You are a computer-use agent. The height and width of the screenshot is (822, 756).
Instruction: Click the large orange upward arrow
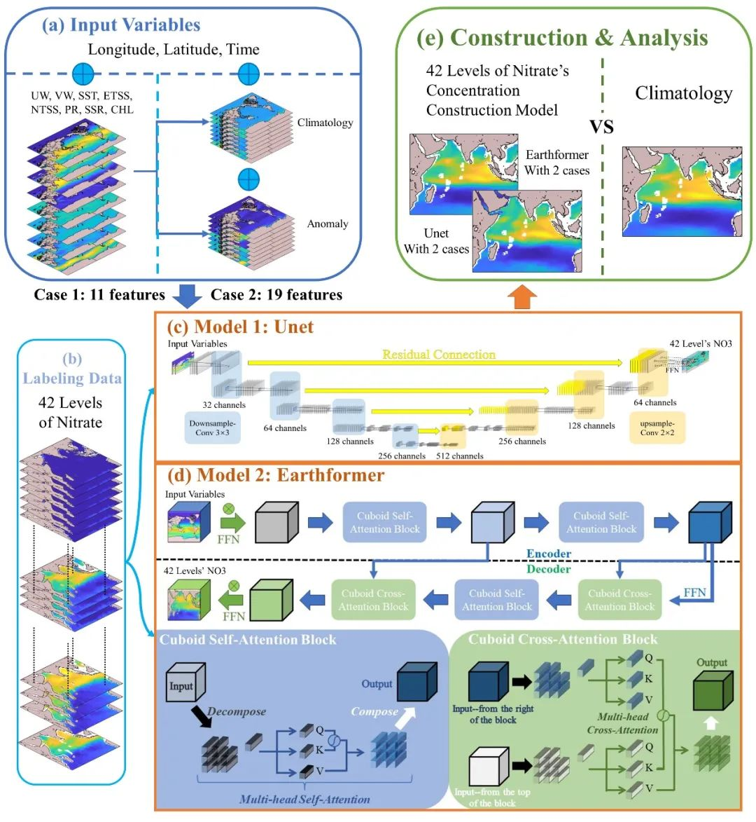[521, 296]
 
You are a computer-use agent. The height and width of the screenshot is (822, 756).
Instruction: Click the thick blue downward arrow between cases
[187, 296]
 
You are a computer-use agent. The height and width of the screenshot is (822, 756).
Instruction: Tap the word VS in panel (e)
[601, 126]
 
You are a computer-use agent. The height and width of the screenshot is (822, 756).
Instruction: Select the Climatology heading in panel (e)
[683, 93]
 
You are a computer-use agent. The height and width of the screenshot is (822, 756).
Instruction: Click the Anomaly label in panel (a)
[327, 224]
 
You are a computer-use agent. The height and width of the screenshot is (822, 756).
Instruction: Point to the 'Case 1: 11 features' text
[99, 295]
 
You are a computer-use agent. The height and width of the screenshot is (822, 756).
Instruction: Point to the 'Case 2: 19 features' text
[276, 295]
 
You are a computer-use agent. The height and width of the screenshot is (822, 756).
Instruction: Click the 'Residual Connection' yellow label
[438, 355]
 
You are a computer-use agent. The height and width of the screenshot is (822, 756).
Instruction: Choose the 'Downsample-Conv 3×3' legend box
[213, 427]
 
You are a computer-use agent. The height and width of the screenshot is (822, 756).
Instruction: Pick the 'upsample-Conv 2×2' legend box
[657, 427]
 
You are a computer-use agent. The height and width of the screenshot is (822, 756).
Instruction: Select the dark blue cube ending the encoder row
[710, 523]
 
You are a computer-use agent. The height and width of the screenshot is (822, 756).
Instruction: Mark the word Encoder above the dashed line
[548, 554]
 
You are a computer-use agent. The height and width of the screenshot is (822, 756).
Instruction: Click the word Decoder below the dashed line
[548, 569]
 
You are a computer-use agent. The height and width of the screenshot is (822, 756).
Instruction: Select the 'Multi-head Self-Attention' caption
[304, 799]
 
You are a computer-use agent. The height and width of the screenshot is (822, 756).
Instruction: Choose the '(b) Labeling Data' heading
[71, 369]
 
